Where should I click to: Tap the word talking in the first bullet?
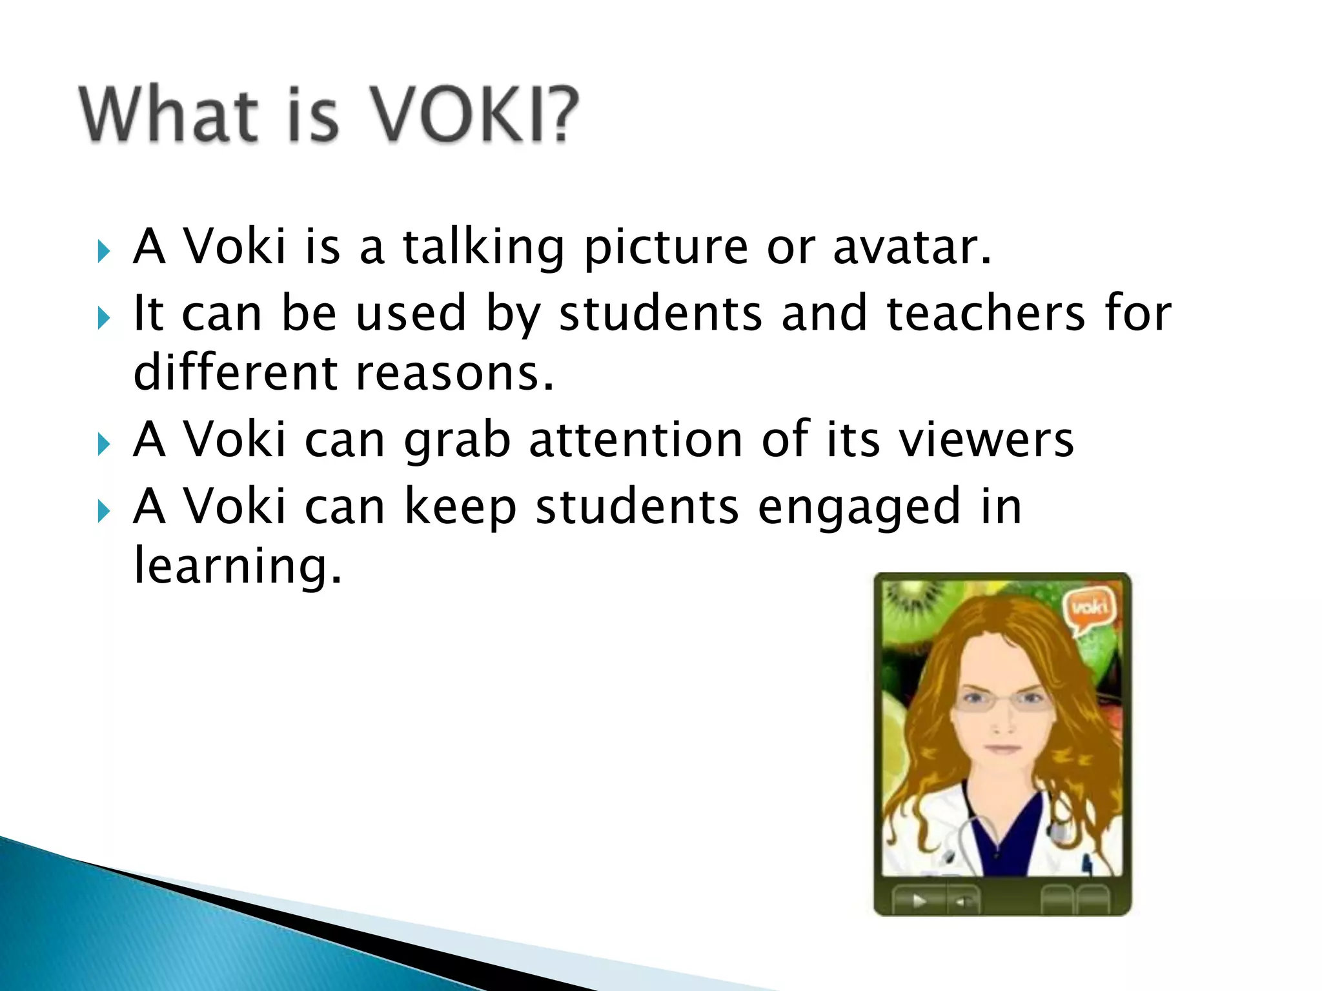tap(483, 248)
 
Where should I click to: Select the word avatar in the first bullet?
tap(911, 248)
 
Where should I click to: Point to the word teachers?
tap(986, 314)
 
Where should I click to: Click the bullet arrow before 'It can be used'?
tap(104, 317)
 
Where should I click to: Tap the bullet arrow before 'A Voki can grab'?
tap(104, 444)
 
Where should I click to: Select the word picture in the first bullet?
tap(665, 249)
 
